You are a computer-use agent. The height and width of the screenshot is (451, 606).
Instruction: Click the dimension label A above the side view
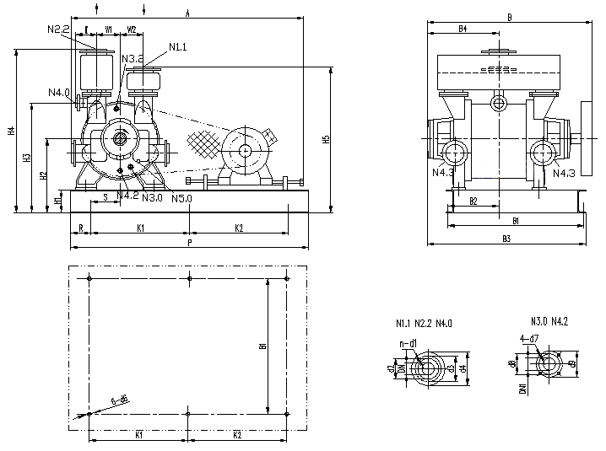[187, 13]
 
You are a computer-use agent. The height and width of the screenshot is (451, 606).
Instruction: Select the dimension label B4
[463, 29]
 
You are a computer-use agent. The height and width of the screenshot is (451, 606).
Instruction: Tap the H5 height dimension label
[326, 139]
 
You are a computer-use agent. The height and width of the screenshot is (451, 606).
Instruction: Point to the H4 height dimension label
[11, 131]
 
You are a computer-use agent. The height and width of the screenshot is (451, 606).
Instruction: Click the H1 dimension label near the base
[57, 201]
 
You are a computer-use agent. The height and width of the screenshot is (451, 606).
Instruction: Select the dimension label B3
[506, 239]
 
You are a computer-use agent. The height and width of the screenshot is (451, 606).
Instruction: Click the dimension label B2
[473, 201]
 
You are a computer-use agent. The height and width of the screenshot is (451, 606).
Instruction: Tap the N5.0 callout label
[181, 199]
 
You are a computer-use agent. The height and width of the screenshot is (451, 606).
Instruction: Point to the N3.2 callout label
[133, 58]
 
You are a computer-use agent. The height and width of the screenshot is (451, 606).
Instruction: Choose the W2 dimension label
[132, 29]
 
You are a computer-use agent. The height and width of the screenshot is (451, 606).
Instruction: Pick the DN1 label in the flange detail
[522, 389]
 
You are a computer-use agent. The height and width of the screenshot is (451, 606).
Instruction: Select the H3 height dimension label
[27, 158]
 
